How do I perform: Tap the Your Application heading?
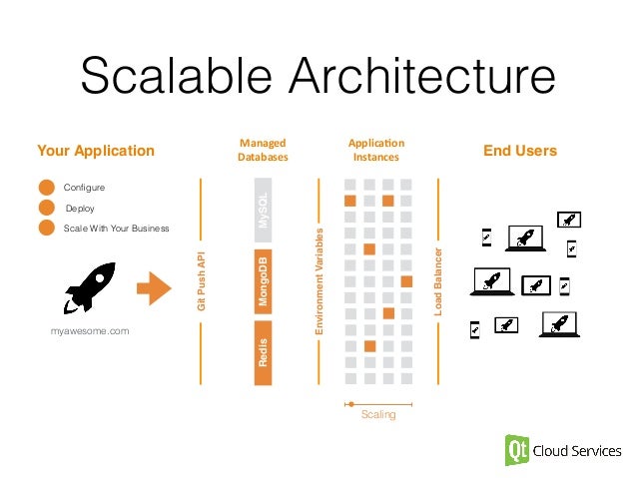coord(96,152)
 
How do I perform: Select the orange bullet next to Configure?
coord(46,188)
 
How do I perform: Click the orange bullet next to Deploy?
coord(46,208)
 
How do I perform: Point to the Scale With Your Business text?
coord(116,229)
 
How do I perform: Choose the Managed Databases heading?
coord(263,151)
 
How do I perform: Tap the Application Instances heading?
coord(375,151)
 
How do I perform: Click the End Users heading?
coord(519,152)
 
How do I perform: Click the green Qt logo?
coord(518,450)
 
